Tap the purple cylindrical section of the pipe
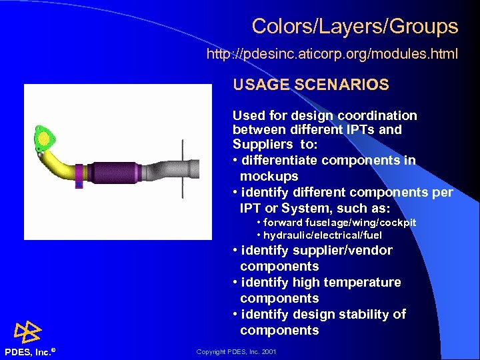(113, 173)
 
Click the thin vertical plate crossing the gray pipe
(181, 169)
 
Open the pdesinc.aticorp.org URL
(332, 53)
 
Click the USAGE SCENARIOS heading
(311, 85)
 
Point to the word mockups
(269, 177)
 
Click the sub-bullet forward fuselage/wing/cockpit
(336, 222)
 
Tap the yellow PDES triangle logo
(29, 332)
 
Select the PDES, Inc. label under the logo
(29, 351)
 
